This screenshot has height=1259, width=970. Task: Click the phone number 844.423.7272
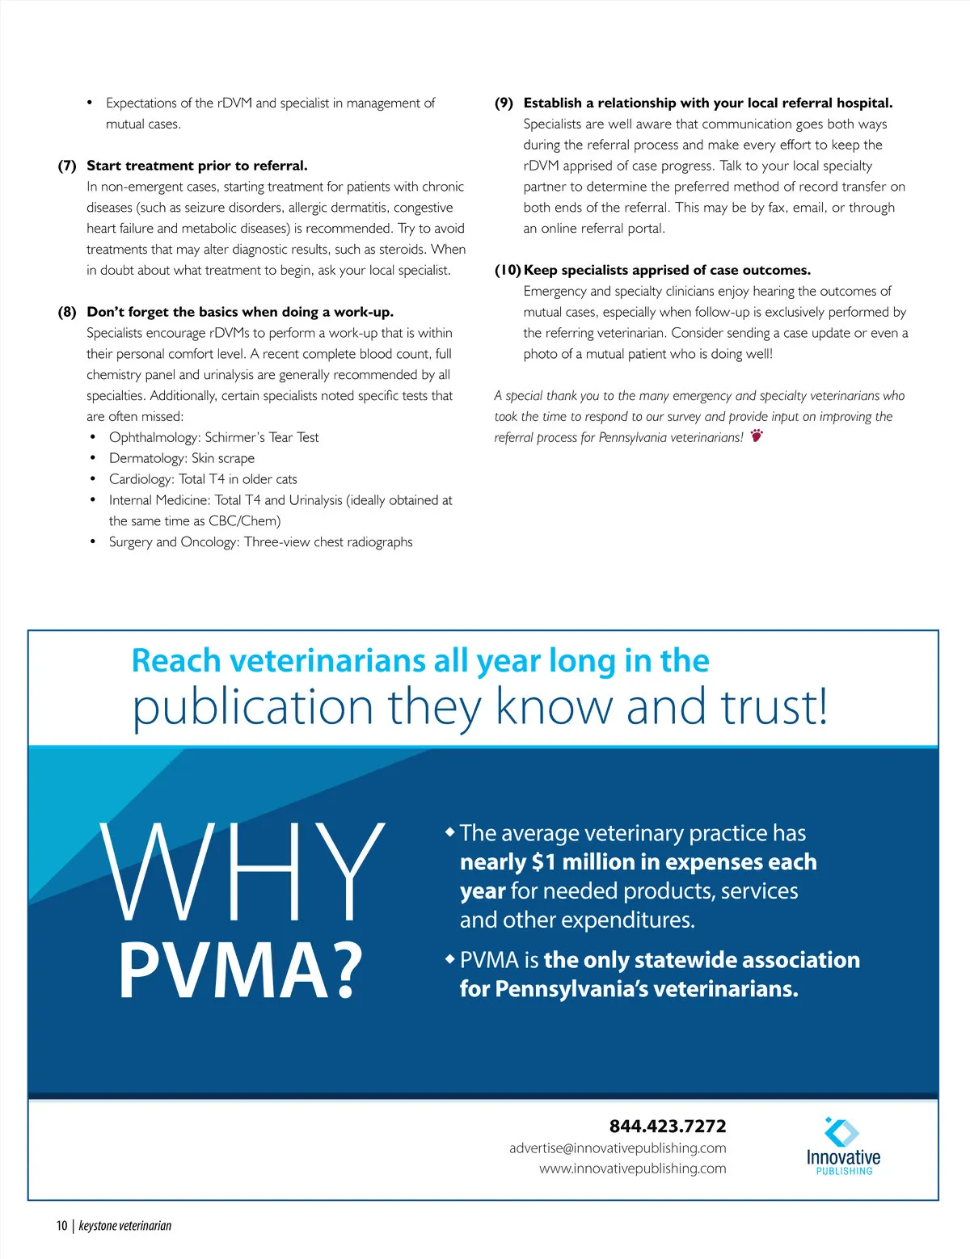(x=667, y=1126)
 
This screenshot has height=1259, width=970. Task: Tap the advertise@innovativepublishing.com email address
(x=618, y=1148)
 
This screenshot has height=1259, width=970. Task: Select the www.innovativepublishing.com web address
(x=632, y=1168)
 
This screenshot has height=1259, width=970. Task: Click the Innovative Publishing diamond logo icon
(x=842, y=1132)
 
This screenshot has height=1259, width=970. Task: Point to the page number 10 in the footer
(x=61, y=1226)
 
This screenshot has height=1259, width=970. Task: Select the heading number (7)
(x=67, y=166)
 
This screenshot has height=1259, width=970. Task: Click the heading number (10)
(x=508, y=270)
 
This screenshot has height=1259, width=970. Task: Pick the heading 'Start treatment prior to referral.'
(x=197, y=166)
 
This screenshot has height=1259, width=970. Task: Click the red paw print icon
(x=757, y=436)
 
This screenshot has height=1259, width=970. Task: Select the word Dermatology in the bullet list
(x=146, y=458)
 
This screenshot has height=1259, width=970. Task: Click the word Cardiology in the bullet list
(x=141, y=479)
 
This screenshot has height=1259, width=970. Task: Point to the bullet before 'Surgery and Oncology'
(x=94, y=542)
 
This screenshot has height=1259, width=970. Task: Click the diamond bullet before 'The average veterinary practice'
(x=450, y=832)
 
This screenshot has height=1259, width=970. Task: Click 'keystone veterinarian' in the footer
(x=125, y=1226)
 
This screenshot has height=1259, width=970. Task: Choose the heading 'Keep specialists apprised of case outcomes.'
(x=667, y=270)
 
